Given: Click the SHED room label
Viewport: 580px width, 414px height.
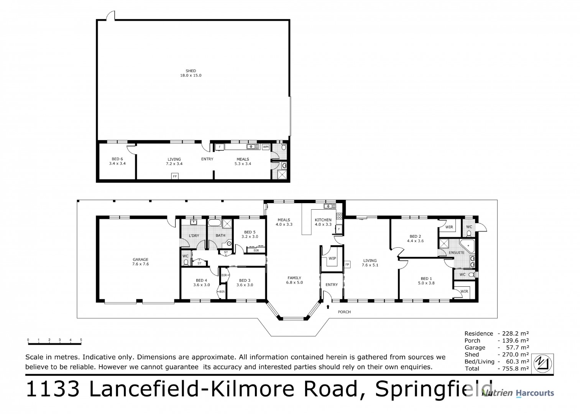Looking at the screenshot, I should click(x=191, y=71).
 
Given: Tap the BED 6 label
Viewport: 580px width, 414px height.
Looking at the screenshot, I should click(x=117, y=159).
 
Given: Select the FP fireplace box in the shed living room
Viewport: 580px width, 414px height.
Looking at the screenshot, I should click(x=175, y=176).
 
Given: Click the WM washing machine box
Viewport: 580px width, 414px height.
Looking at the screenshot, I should click(x=266, y=147).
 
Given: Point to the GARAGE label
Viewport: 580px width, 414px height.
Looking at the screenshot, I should click(x=140, y=260).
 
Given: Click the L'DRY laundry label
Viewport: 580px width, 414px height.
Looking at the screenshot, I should click(x=194, y=235).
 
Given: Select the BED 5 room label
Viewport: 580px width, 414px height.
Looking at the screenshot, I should click(x=250, y=232).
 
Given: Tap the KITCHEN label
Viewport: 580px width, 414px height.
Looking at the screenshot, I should click(x=323, y=220).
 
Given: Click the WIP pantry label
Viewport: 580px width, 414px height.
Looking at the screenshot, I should click(x=332, y=258).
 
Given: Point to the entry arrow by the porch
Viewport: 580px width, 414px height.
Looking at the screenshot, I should click(x=328, y=306).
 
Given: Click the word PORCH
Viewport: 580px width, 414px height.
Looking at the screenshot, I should click(x=344, y=312).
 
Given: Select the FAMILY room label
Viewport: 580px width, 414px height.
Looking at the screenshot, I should click(x=294, y=278).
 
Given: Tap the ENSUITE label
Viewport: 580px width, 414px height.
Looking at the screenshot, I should click(x=457, y=253).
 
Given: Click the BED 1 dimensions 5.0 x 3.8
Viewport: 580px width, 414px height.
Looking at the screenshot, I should click(x=426, y=283).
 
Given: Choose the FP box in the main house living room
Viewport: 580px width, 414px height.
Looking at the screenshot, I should click(x=347, y=264).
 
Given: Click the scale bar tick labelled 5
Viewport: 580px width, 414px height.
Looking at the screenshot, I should click(x=81, y=340).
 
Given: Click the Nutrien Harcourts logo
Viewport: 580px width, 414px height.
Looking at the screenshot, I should click(x=518, y=393).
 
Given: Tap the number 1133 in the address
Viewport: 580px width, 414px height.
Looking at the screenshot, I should click(x=53, y=389).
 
